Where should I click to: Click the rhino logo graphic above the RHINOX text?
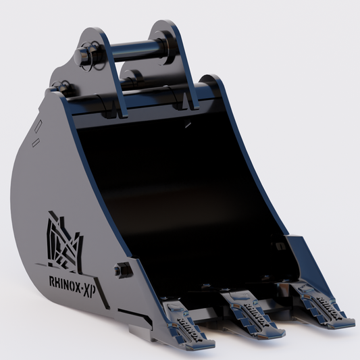click(x=63, y=240)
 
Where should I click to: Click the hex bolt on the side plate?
click(x=122, y=269)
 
